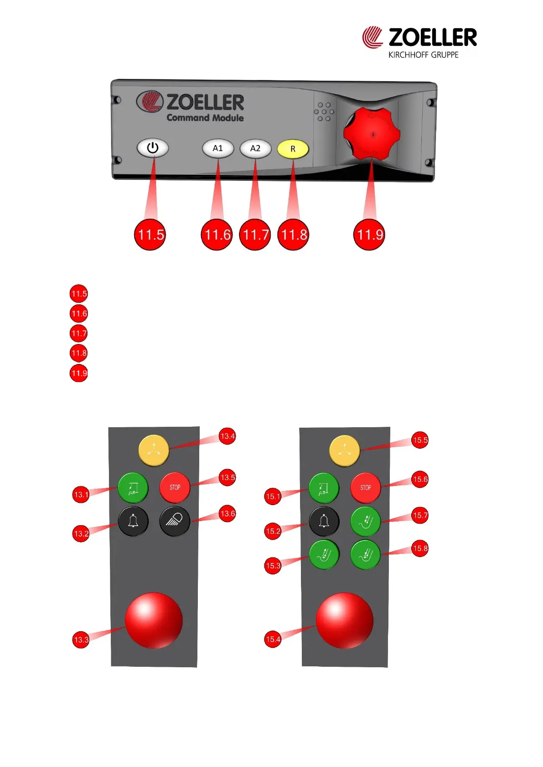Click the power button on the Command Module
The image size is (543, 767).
[x=153, y=148]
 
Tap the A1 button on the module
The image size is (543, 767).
[x=218, y=148]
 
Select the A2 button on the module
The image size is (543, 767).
[x=255, y=148]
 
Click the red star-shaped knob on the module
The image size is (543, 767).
[x=372, y=134]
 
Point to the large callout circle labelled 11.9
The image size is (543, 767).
[x=369, y=235]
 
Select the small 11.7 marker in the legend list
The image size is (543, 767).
[x=79, y=333]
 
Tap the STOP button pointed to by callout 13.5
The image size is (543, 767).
[x=175, y=487]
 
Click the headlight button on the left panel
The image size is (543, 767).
[x=175, y=521]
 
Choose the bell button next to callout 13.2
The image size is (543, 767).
[x=133, y=521]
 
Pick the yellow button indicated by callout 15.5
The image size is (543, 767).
[x=345, y=451]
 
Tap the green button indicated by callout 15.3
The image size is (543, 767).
[x=324, y=554]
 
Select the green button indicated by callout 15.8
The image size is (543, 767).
[x=365, y=554]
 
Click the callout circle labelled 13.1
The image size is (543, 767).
[x=81, y=495]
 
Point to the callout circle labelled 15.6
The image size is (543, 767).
[x=420, y=479]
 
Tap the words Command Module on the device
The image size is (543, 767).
[x=205, y=118]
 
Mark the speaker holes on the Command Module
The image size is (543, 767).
[x=324, y=112]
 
